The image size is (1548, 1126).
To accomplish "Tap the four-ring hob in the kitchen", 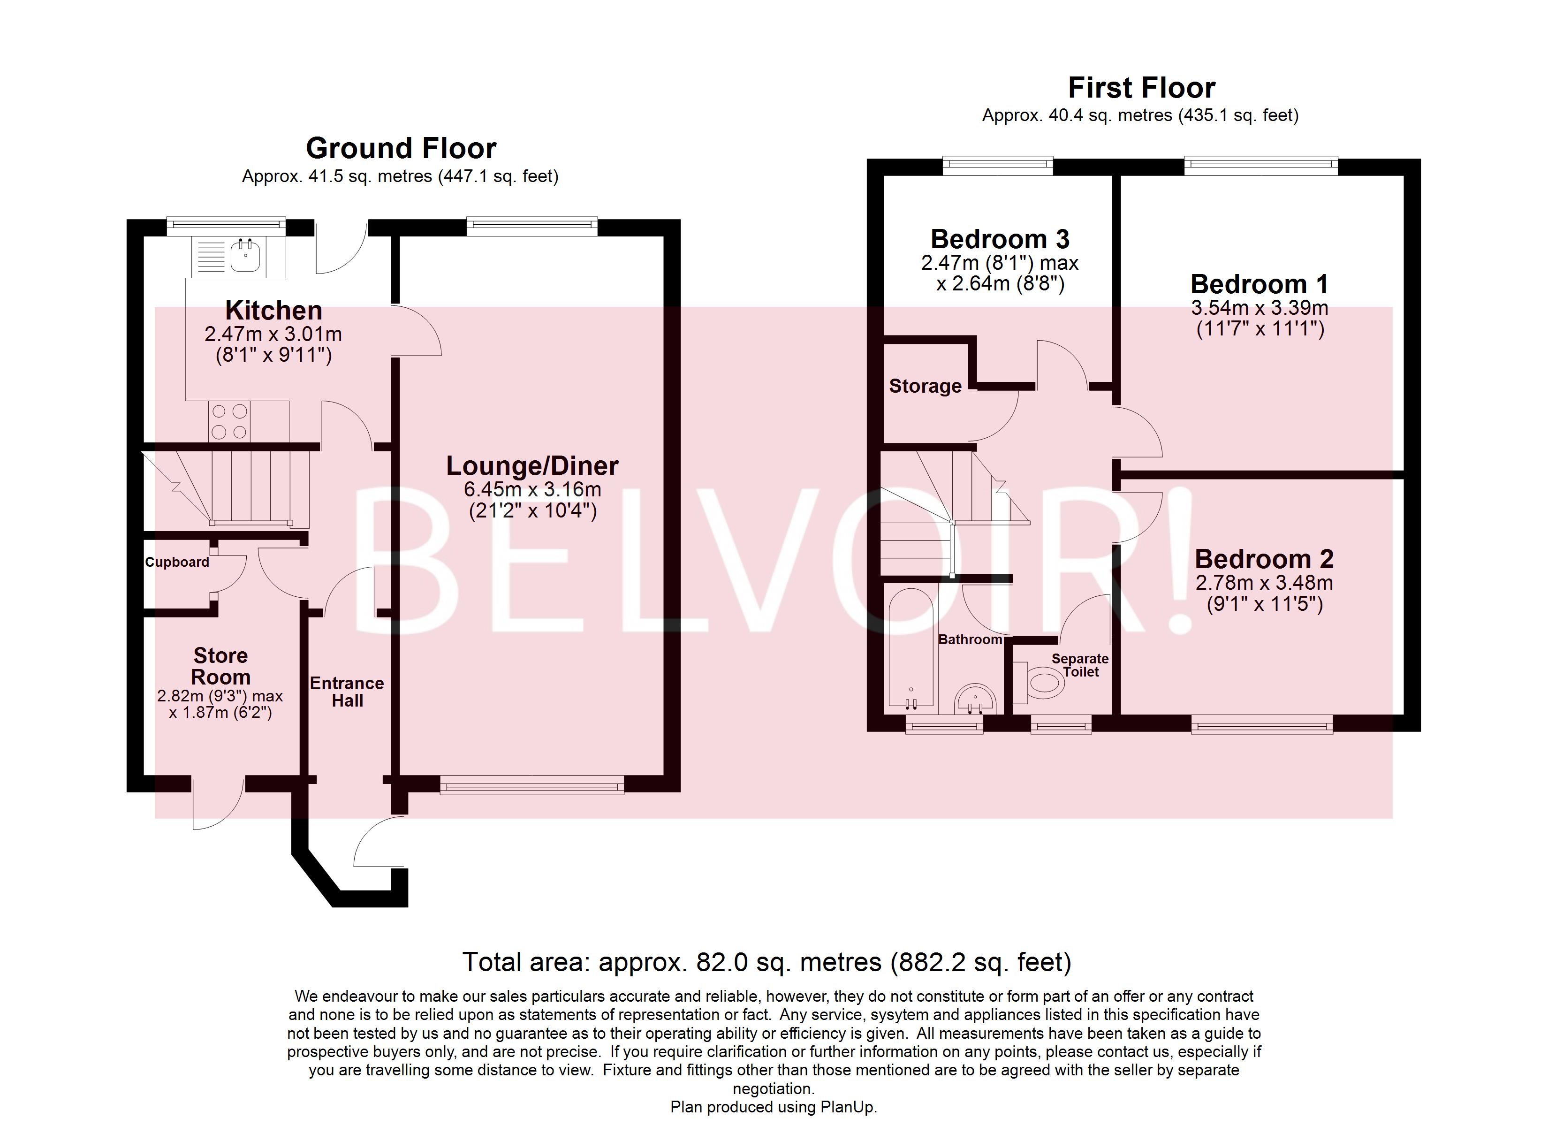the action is coord(229,422).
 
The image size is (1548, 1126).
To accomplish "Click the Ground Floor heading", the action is coord(402,148).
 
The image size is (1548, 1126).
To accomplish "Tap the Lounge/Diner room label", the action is coord(532,466).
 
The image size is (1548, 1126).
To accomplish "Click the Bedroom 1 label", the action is coord(1260,284).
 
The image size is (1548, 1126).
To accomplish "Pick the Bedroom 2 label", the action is coord(1264,559).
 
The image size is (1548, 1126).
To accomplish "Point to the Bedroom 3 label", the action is coord(1000,239).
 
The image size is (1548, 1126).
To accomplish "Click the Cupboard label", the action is coord(177,562).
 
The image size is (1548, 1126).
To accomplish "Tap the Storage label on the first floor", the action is coord(926,387).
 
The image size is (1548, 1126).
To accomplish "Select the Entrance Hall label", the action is coord(347,692).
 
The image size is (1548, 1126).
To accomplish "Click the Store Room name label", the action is coord(220,666).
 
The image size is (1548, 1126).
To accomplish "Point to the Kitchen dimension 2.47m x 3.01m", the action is coord(273,334).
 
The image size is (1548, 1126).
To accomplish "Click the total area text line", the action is coord(767,962).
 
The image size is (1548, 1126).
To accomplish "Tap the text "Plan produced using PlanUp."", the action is coord(774,1107).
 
